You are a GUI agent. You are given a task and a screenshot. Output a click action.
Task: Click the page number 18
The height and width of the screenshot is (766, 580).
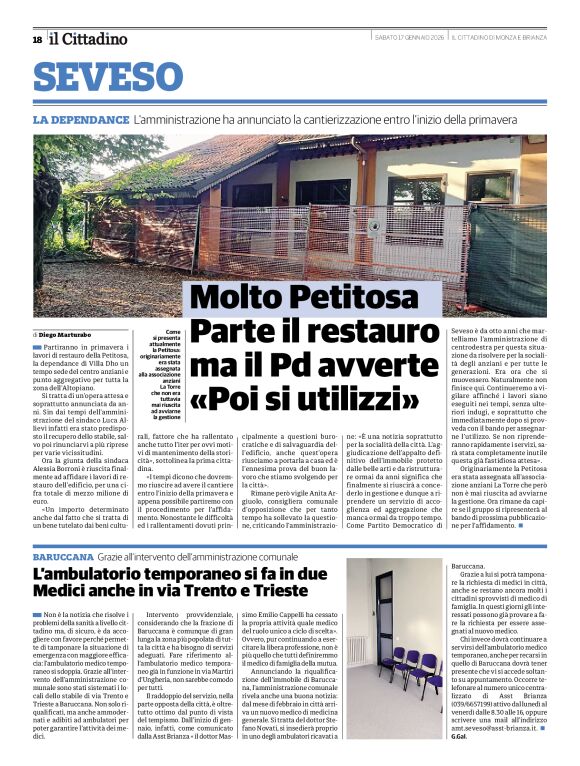tap(37, 39)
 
